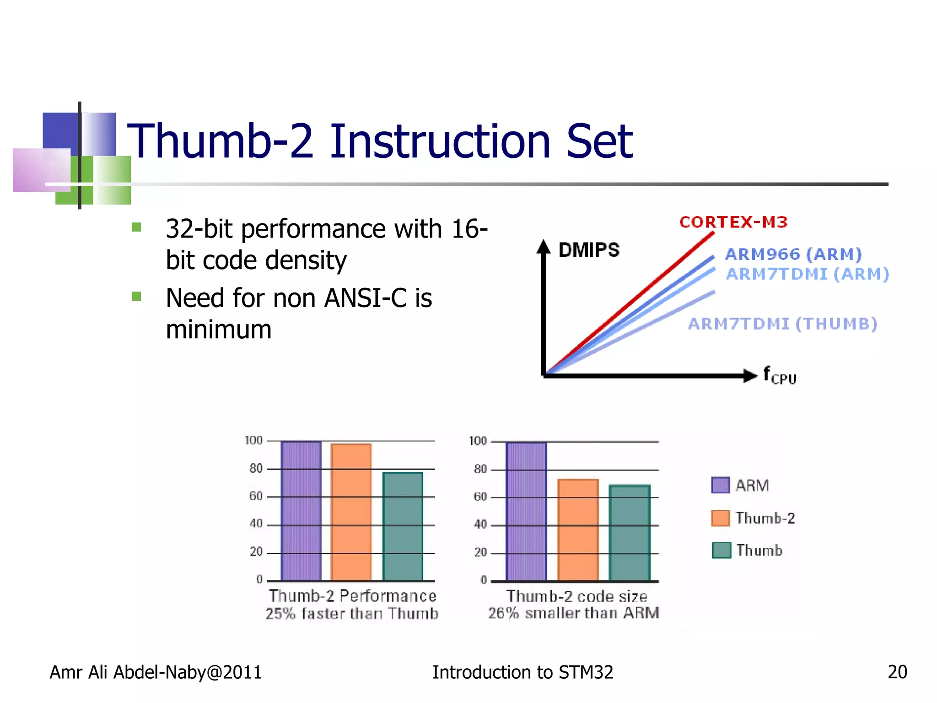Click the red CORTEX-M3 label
733,222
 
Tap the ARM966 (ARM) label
793,254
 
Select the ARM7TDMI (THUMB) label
782,324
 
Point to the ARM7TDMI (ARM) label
808,274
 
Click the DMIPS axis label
589,250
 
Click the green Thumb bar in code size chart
630,533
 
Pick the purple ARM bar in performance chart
301,511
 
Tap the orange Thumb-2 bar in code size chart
578,530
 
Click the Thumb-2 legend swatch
720,518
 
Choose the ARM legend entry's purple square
720,485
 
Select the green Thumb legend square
721,551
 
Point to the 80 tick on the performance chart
256,468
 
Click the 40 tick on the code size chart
480,525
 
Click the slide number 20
897,672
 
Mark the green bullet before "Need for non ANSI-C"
136,297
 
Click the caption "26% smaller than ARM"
574,613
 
